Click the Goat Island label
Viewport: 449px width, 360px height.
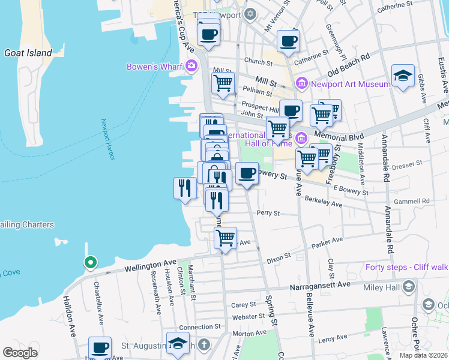click(28, 53)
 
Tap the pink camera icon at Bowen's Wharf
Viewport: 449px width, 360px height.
click(191, 66)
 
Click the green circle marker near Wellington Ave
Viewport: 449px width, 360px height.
click(90, 262)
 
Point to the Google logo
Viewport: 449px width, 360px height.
click(20, 353)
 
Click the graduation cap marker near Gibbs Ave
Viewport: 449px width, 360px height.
click(403, 76)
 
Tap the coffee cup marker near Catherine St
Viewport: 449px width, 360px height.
click(288, 42)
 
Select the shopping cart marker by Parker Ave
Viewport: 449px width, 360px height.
click(225, 238)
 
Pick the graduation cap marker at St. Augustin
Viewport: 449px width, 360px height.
click(178, 343)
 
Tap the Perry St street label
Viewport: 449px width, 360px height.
click(268, 213)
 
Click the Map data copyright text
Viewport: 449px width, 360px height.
click(423, 355)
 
